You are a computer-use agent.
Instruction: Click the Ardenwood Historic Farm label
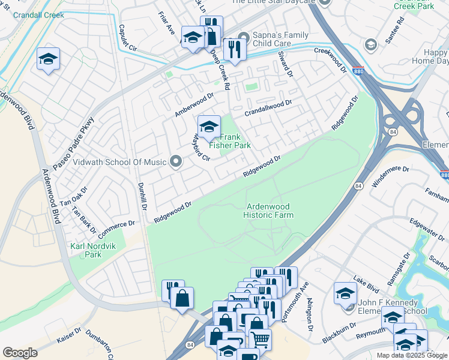pyautogui.click(x=269, y=211)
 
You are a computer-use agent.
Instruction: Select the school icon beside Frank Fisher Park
pyautogui.click(x=209, y=127)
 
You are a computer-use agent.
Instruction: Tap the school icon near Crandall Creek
pyautogui.click(x=49, y=59)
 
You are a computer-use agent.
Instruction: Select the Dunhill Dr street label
pyautogui.click(x=142, y=196)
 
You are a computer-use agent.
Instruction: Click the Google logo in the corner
pyautogui.click(x=20, y=353)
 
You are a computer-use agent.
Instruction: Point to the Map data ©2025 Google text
pyautogui.click(x=412, y=355)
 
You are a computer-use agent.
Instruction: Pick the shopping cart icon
pyautogui.click(x=260, y=340)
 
